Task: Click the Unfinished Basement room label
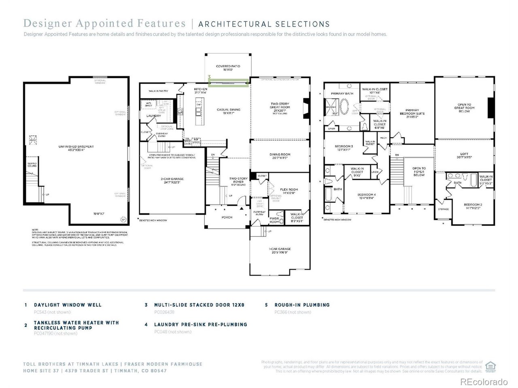[x=76, y=148]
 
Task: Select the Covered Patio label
[x=229, y=68]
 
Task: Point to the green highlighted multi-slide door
[x=229, y=83]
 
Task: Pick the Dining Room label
[x=280, y=156]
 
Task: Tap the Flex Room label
[x=289, y=191]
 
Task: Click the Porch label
[x=227, y=217]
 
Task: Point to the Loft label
[x=464, y=155]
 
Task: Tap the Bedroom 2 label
[x=473, y=206]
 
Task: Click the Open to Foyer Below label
[x=419, y=172]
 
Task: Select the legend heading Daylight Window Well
[x=68, y=305]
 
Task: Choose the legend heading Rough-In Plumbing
[x=302, y=305]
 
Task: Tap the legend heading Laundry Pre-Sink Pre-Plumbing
[x=200, y=324]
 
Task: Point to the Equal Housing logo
[x=490, y=366]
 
